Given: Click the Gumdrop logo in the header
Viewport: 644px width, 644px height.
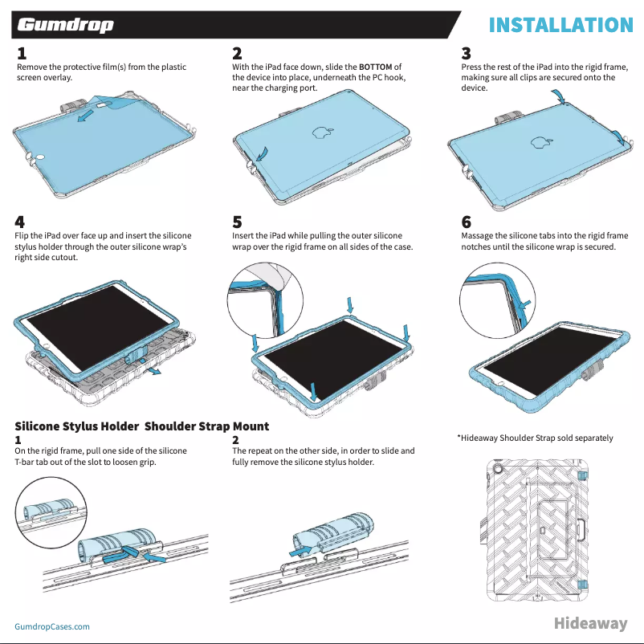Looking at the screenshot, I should (66, 25).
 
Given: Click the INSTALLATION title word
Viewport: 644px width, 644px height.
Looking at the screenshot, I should (561, 25).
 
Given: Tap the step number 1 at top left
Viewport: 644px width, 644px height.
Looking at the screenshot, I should (22, 54).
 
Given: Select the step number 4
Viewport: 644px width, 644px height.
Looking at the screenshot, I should (20, 221).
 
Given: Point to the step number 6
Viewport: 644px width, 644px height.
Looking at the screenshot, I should (467, 221).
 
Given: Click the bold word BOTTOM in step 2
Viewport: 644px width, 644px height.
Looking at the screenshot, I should (376, 67).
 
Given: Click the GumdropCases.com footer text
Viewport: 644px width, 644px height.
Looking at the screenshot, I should (52, 626).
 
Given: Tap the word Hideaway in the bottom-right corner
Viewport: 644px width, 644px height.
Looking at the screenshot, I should (590, 624).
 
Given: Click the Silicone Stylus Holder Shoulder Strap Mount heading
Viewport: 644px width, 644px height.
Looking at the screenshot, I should (142, 426).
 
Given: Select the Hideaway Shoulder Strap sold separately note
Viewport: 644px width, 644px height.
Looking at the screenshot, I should (535, 438).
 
